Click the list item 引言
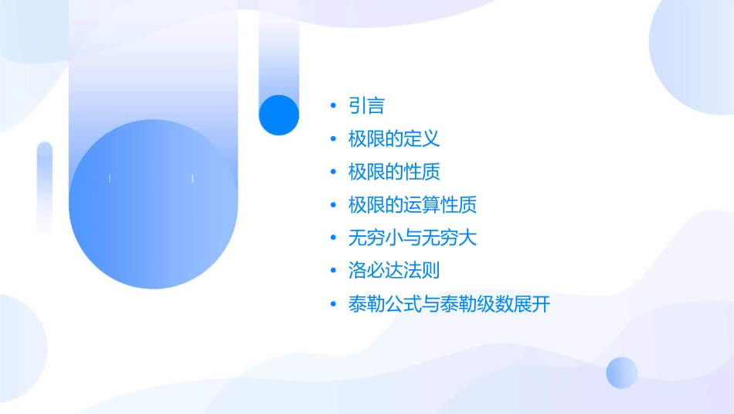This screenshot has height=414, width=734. [366, 106]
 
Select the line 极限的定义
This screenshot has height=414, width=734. [394, 139]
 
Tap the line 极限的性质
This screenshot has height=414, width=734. [394, 172]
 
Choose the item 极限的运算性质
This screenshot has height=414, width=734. [413, 205]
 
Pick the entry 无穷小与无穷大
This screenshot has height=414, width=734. [413, 238]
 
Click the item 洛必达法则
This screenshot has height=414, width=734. [394, 271]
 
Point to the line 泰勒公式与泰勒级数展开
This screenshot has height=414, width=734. [449, 304]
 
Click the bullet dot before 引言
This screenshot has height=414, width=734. [333, 106]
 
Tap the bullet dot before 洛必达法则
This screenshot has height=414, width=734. [333, 271]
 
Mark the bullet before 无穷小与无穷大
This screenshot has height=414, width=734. [333, 238]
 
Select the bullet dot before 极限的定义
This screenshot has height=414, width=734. [333, 139]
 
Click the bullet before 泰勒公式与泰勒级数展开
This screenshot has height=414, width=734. [333, 304]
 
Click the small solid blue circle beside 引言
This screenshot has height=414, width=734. [279, 115]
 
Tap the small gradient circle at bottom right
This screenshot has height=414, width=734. [622, 372]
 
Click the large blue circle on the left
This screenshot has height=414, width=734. [153, 204]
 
